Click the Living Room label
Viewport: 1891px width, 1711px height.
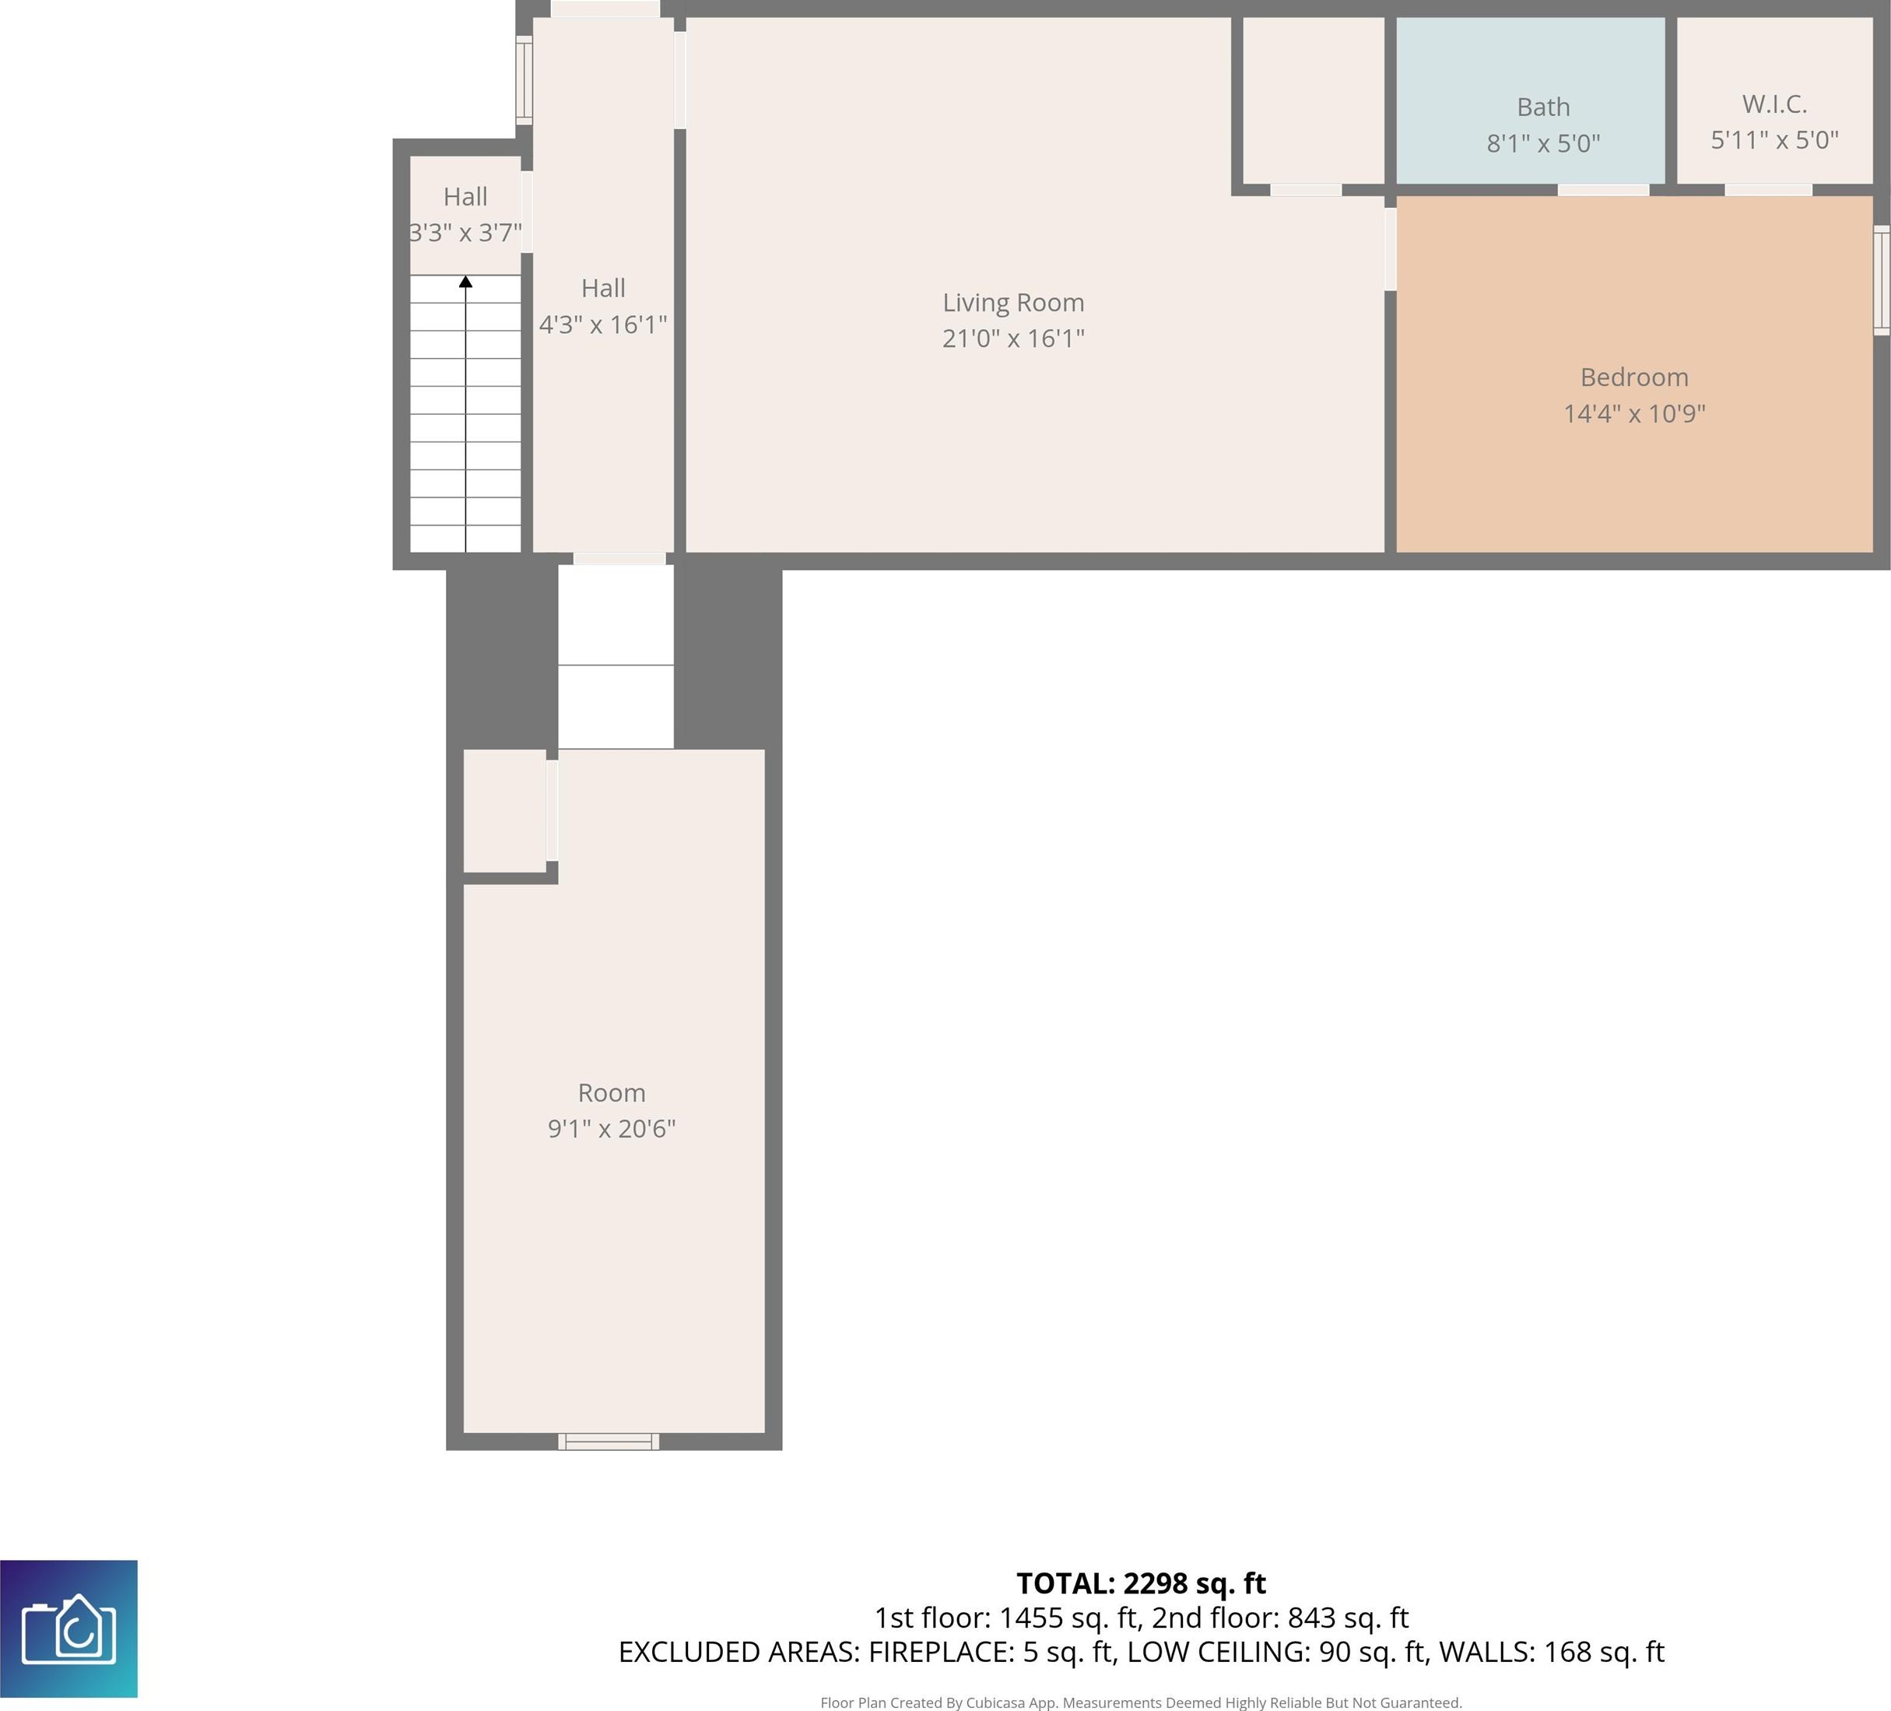click(1013, 303)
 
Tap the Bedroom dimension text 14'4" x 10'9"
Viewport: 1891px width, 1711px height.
click(1634, 413)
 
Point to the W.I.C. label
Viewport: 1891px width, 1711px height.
click(1773, 104)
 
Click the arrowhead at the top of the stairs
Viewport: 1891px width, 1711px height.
click(465, 282)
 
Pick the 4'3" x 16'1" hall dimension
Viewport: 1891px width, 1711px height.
click(603, 325)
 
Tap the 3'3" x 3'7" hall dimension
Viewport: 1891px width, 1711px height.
click(465, 233)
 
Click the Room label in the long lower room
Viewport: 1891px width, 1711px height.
click(612, 1093)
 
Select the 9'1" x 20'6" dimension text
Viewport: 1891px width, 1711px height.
click(612, 1129)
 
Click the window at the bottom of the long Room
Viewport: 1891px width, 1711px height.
click(609, 1442)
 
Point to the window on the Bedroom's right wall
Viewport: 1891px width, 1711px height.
click(1882, 280)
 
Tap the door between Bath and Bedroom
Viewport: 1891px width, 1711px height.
click(1603, 191)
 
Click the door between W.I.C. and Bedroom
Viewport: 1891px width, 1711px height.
click(1768, 191)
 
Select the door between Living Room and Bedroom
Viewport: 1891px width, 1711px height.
click(1390, 248)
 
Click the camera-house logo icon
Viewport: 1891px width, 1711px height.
click(68, 1628)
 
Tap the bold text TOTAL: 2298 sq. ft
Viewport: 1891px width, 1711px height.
click(1142, 1583)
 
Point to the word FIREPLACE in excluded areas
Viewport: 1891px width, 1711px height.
click(940, 1652)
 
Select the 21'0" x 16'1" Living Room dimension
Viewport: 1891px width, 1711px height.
click(1013, 339)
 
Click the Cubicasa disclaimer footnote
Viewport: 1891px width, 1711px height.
click(1142, 1702)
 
